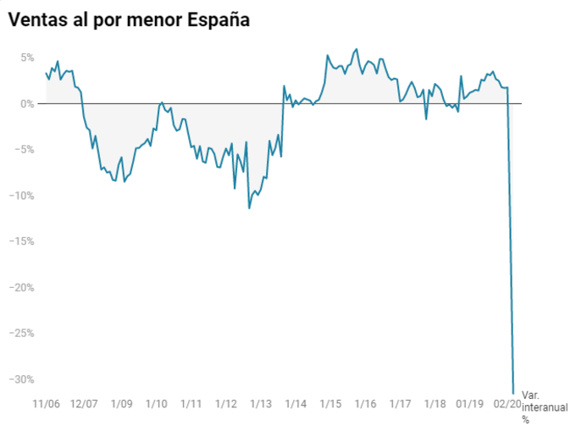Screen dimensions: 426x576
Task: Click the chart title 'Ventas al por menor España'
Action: pyautogui.click(x=129, y=19)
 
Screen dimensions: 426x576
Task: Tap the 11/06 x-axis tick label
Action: pyautogui.click(x=46, y=404)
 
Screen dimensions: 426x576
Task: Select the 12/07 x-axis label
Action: pyautogui.click(x=85, y=404)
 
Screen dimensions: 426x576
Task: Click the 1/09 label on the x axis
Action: pyautogui.click(x=121, y=404)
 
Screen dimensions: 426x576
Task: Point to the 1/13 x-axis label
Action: pyautogui.click(x=260, y=404)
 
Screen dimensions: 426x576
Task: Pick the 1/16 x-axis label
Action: pyautogui.click(x=365, y=404)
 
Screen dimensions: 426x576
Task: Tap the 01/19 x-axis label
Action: pyautogui.click(x=469, y=404)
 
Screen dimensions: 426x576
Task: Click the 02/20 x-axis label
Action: pyautogui.click(x=507, y=404)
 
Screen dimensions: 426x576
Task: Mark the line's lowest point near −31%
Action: pyautogui.click(x=513, y=393)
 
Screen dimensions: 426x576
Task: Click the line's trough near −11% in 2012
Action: pyautogui.click(x=249, y=207)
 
